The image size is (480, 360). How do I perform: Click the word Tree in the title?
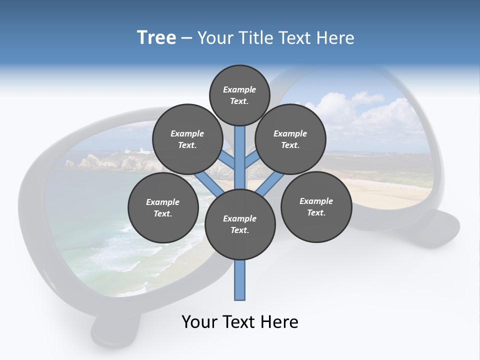(156, 38)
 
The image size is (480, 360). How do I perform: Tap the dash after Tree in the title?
(186, 38)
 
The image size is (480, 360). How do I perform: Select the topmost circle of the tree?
(239, 95)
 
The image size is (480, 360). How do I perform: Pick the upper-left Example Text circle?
(187, 139)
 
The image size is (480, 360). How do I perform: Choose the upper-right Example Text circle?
(290, 139)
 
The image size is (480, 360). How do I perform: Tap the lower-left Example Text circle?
(163, 207)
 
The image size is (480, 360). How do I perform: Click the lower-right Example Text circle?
(316, 206)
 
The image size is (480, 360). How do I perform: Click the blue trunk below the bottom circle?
(240, 280)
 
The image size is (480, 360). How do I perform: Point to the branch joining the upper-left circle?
(227, 161)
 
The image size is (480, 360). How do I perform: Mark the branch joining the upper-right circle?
(252, 160)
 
